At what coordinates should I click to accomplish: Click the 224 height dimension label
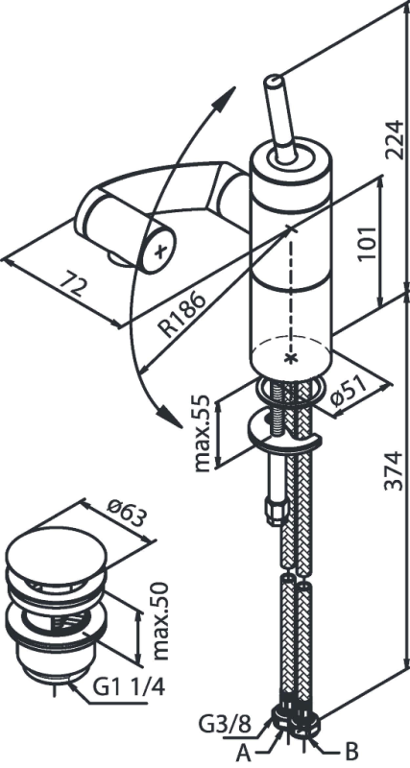(393, 139)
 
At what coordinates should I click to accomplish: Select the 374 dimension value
(393, 470)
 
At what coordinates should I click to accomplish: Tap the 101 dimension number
(367, 244)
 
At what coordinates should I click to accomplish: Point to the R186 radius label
(183, 315)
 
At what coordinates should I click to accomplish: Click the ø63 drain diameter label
(128, 515)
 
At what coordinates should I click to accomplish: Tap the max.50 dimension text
(160, 620)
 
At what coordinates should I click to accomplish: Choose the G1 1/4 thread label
(129, 687)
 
